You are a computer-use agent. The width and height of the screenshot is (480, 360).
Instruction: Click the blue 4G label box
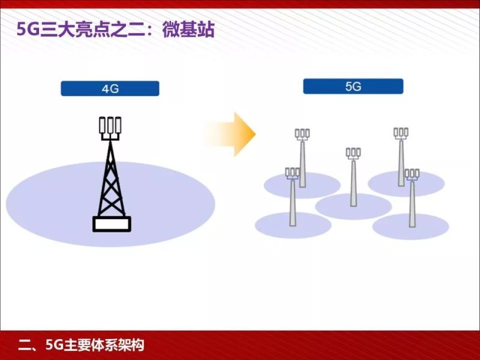[110, 89]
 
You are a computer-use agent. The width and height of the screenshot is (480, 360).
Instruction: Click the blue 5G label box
[353, 86]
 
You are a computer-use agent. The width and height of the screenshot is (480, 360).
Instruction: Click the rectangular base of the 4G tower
[112, 224]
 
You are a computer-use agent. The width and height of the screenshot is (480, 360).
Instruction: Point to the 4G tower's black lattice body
[110, 180]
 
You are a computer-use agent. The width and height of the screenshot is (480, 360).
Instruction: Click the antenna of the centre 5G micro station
[353, 153]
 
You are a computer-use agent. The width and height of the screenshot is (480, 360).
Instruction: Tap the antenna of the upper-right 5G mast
[401, 133]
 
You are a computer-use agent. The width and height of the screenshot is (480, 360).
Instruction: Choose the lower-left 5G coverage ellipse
[293, 226]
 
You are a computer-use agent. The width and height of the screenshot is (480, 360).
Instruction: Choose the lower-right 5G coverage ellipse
[410, 227]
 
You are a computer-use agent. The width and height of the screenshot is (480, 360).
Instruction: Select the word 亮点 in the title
[90, 29]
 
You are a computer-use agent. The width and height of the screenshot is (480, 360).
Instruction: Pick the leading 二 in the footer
[24, 346]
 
